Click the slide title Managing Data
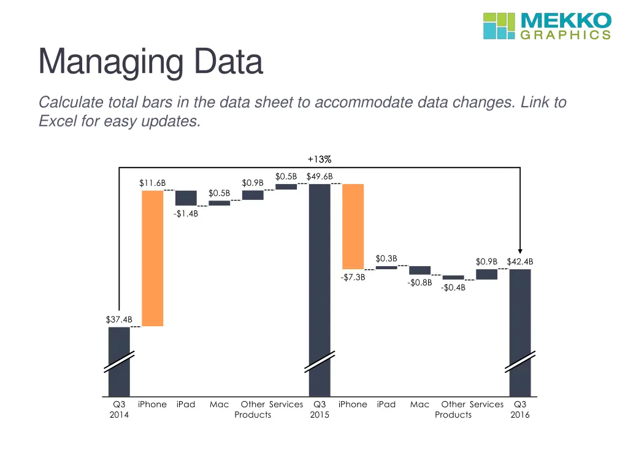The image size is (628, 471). point(150,62)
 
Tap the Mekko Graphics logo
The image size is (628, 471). point(546,26)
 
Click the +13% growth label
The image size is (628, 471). point(320,159)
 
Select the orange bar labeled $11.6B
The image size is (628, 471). point(153,258)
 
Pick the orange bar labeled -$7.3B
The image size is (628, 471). point(353,226)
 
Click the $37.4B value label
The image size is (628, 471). point(118,319)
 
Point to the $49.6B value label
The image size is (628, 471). point(320,177)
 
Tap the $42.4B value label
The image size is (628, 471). point(520,262)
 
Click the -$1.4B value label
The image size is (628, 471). point(185,213)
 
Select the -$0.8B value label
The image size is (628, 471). point(419,283)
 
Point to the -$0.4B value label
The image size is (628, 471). point(453,288)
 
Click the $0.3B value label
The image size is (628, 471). point(386,258)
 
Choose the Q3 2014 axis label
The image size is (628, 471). point(119,410)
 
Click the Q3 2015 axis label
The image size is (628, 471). point(320,410)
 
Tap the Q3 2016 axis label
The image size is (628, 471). point(520,410)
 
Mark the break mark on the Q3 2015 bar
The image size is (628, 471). point(320,361)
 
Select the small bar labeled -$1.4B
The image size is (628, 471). point(186,198)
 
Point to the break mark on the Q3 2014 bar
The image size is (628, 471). point(119,361)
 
